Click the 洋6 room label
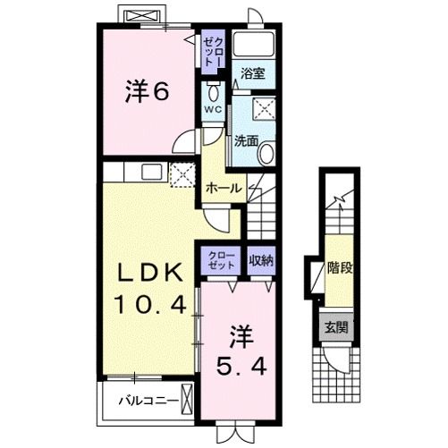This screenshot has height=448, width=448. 148,90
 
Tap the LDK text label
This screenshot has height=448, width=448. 150,273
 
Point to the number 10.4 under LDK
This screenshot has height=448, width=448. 151,304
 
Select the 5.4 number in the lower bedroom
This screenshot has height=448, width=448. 241,367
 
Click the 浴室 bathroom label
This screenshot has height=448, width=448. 253,73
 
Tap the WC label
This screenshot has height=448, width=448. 213,109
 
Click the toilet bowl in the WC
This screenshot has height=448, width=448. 213,92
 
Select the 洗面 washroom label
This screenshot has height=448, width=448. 246,141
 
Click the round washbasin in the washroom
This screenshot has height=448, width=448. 266,153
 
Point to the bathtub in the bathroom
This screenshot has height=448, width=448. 253,44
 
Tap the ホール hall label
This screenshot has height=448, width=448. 224,188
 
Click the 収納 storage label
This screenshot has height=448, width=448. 261,261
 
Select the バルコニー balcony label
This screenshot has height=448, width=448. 148,401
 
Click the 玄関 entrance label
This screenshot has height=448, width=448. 336,327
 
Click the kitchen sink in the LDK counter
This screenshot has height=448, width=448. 152,173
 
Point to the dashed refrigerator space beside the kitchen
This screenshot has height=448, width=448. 182,174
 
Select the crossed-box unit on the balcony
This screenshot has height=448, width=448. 188,400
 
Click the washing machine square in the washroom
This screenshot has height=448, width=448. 264,109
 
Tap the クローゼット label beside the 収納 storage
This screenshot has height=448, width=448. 221,260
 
